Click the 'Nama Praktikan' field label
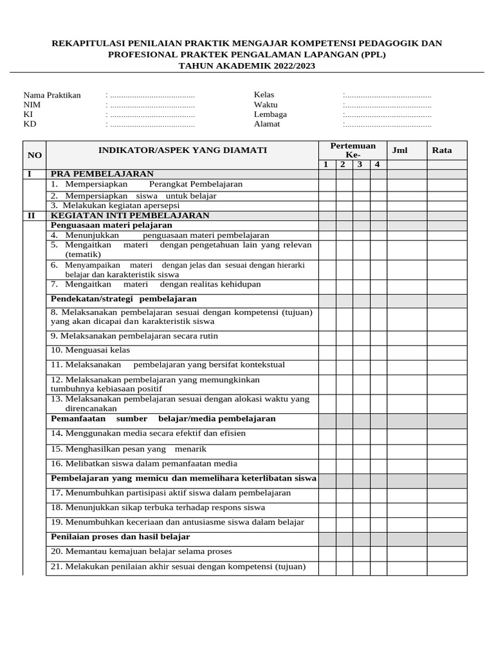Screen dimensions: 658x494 click(x=52, y=95)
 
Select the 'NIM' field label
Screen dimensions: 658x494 click(x=32, y=105)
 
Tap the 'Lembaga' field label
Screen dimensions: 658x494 click(x=270, y=114)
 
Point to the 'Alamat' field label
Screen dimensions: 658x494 click(x=267, y=124)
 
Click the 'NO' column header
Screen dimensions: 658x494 click(x=35, y=155)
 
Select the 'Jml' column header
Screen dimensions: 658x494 click(x=400, y=150)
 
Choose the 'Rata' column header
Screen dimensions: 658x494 click(x=442, y=150)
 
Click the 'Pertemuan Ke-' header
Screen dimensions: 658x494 click(x=352, y=150)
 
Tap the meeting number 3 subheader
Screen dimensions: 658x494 click(x=360, y=164)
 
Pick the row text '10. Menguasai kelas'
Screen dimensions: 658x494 click(x=91, y=350)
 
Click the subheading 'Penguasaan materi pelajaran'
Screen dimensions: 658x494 click(x=112, y=226)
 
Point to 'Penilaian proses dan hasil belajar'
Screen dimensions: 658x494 click(x=121, y=537)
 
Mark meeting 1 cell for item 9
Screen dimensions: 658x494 click(x=327, y=336)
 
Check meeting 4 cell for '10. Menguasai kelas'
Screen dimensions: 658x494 click(x=378, y=351)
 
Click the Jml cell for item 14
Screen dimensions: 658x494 click(x=407, y=434)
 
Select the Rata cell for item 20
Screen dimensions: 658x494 click(x=447, y=552)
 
